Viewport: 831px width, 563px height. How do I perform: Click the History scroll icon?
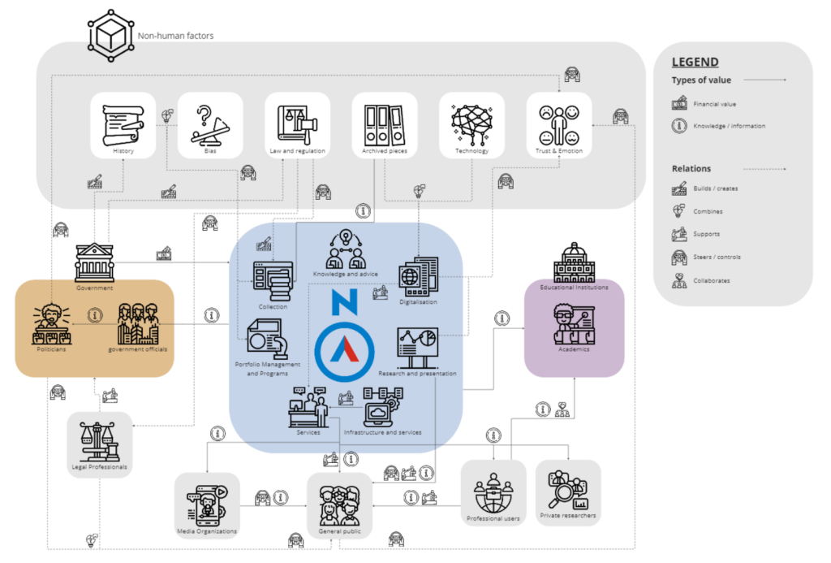(123, 123)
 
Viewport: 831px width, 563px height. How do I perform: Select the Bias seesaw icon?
(210, 123)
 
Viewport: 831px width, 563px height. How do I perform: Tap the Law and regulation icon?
(297, 123)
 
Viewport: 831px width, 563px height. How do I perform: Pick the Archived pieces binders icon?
(385, 123)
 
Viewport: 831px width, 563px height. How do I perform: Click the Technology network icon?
(471, 123)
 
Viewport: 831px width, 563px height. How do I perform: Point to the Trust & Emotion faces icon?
(559, 123)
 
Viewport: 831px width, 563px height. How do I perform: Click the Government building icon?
(95, 262)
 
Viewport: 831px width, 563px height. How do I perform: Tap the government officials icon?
(137, 323)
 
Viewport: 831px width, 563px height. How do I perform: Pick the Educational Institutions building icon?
(574, 262)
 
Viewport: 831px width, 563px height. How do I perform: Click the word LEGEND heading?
(695, 62)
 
